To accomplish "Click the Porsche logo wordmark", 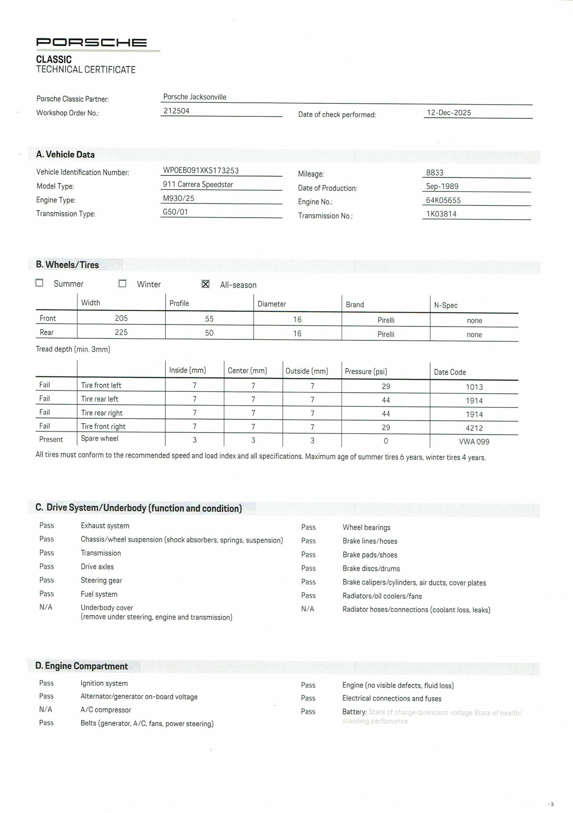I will (x=91, y=42).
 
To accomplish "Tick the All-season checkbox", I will (x=205, y=284).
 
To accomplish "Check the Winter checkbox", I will (x=123, y=284).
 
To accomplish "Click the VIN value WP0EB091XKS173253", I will (x=201, y=171).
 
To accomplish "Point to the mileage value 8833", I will (x=435, y=173).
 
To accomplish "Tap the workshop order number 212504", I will (x=176, y=111).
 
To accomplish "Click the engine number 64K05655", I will (x=443, y=200).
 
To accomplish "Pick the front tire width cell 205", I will (x=121, y=318).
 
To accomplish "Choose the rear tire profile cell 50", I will (x=209, y=333).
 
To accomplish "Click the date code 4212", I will (x=474, y=428).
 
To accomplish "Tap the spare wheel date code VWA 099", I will (x=474, y=442).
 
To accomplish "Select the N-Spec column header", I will (x=446, y=305).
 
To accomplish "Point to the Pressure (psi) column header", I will (x=366, y=371).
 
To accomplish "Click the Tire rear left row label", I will (x=99, y=399).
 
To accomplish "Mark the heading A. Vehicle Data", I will (x=66, y=155).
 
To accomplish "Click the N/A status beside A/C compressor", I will (x=46, y=709).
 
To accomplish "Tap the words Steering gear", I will (x=101, y=580).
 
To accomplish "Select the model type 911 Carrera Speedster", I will (x=198, y=184).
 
